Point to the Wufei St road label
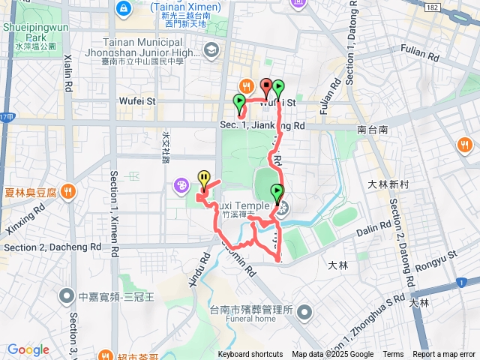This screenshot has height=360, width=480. [136, 100]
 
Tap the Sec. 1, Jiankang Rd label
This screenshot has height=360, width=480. [262, 126]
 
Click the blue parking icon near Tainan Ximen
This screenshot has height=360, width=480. [122, 8]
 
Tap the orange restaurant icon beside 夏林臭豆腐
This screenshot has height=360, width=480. [68, 190]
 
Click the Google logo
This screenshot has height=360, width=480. [28, 349]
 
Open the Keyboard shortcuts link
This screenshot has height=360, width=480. [250, 355]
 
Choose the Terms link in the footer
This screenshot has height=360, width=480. [393, 355]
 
